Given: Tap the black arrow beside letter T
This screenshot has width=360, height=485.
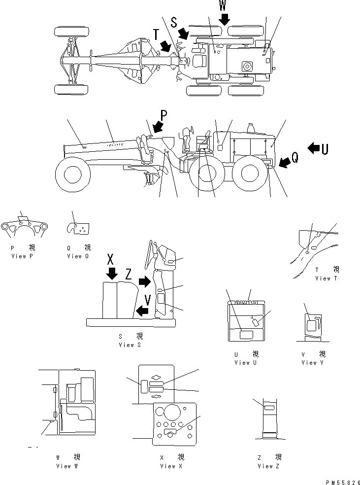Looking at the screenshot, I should point(165,46).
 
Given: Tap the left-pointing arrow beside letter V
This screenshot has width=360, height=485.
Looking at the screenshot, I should point(142,311).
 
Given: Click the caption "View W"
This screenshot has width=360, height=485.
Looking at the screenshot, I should point(67,466).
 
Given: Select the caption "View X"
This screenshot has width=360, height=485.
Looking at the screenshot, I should point(168,466).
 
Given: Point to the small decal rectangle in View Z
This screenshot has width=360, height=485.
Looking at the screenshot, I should point(269,408).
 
